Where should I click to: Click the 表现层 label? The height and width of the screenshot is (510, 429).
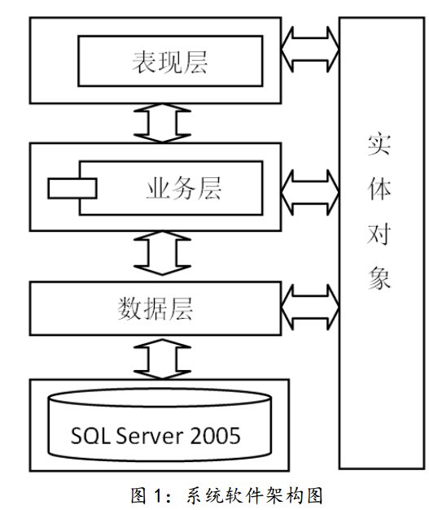[169, 62]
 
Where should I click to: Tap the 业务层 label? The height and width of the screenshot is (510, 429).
[184, 188]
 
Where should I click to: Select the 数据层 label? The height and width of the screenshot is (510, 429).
[155, 308]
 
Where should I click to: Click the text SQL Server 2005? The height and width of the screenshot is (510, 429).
[155, 435]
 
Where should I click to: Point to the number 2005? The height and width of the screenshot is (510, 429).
[215, 435]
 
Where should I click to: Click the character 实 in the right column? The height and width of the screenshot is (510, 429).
[379, 144]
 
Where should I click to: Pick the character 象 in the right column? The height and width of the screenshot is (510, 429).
[379, 277]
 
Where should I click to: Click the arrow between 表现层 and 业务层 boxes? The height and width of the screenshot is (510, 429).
[162, 124]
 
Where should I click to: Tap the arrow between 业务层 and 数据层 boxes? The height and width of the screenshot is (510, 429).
[162, 253]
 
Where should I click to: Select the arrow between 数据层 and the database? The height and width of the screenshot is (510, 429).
[162, 359]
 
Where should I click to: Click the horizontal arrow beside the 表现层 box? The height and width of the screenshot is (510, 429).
[310, 50]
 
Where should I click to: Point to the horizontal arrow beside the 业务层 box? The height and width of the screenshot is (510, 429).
[310, 193]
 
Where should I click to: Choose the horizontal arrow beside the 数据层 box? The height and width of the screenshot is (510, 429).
[310, 307]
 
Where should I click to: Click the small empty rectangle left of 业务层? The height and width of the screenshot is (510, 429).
[72, 189]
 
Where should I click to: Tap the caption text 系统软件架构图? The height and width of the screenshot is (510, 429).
[255, 495]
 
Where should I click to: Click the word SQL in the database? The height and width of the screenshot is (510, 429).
[91, 436]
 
